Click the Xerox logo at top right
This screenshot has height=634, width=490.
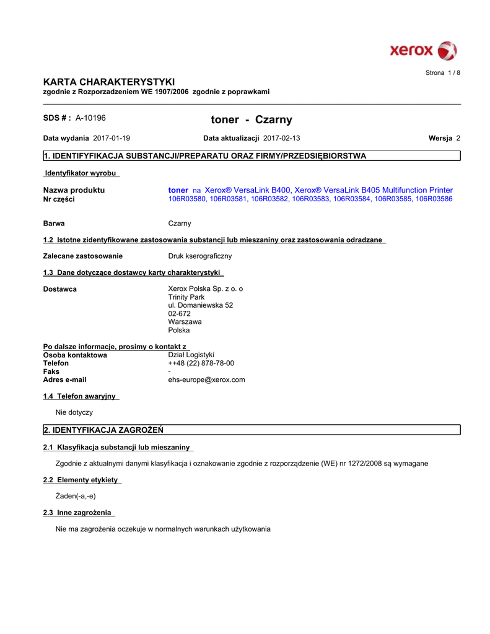pos(423,50)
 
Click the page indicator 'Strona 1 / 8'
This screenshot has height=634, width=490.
pos(442,73)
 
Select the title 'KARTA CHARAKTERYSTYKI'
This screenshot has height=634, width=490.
pos(109,82)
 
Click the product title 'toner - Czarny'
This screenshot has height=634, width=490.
pos(252,119)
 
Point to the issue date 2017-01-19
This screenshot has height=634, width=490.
pos(112,138)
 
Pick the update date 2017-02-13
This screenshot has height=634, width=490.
pos(281,138)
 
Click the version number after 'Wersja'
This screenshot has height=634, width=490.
pos(458,138)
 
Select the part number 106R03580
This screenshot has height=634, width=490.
pos(188,199)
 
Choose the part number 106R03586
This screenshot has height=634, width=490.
pos(434,199)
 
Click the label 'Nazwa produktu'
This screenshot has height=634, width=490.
pos(74,190)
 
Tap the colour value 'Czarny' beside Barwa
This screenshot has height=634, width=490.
pos(180,224)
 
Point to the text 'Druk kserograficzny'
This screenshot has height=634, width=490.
pos(200,256)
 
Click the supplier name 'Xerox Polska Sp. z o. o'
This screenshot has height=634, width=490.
pos(206,289)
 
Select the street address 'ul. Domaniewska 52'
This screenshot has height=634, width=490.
pos(201,305)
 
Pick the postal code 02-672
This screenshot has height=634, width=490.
pos(180,313)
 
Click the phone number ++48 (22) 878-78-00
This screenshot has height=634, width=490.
pos(201,363)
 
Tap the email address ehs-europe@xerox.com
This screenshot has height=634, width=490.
pos(207,380)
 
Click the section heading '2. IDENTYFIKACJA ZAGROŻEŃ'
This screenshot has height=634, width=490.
pos(103,430)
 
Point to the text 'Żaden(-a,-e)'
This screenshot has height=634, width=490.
pos(76,496)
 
